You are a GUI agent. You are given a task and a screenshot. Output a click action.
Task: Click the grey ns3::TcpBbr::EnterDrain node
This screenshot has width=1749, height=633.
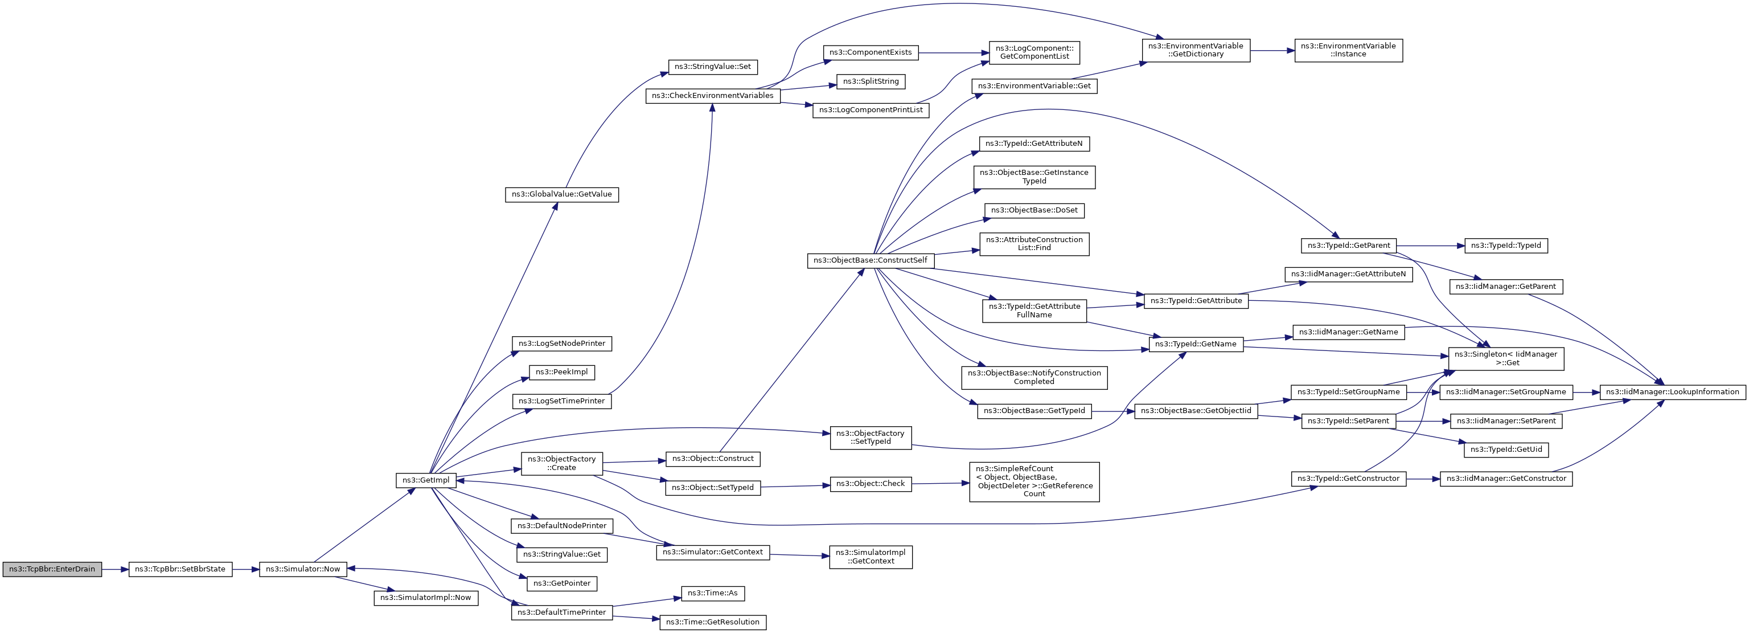pos(52,569)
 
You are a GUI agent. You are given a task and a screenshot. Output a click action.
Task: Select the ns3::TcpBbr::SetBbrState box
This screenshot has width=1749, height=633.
pos(180,569)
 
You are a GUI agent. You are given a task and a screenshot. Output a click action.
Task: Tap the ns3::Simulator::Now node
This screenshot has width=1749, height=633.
pos(303,569)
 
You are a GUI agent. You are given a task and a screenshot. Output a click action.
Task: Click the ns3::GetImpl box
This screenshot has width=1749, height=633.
pos(426,480)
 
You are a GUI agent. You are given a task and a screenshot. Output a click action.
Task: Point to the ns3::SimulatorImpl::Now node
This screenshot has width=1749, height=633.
pos(426,598)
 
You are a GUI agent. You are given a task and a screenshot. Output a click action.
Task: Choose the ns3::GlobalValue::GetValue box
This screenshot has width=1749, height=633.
pos(561,194)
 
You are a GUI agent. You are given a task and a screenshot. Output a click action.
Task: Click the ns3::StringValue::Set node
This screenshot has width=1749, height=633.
pos(712,67)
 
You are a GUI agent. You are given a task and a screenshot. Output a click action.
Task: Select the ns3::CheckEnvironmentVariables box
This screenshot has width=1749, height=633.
pos(712,96)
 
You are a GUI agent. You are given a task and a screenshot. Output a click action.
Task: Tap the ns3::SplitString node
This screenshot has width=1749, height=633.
pos(871,81)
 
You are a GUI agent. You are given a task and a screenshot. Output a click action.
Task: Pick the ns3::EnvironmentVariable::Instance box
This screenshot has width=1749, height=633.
pos(1348,50)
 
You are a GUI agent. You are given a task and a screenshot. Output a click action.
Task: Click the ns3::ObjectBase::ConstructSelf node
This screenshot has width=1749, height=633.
pos(871,260)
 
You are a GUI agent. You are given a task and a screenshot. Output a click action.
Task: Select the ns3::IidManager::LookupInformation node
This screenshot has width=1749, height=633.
pos(1672,392)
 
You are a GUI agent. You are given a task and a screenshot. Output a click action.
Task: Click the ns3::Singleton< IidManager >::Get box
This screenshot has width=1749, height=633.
pos(1505,358)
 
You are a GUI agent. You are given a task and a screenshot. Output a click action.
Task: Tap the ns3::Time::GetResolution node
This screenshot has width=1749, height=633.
pos(712,622)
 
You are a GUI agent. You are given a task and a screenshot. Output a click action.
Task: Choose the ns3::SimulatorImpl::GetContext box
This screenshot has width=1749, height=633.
pos(871,557)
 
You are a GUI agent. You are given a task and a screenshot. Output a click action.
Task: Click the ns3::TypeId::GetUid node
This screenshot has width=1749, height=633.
pos(1505,450)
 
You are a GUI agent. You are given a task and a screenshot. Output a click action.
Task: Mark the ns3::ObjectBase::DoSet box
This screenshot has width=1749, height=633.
pos(1034,211)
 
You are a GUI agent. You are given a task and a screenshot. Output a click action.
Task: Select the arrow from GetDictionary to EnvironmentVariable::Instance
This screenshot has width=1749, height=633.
pos(1272,50)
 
